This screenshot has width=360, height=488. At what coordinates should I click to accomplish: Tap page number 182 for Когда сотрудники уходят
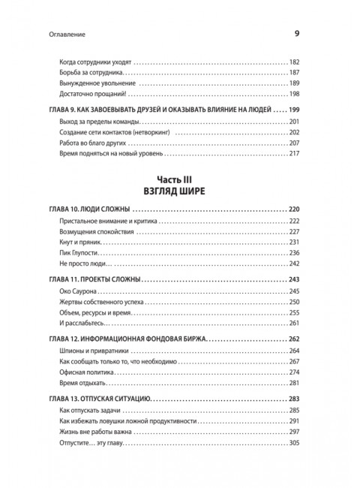tap(294, 60)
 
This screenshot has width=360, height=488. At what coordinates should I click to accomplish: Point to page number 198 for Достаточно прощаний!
tap(294, 96)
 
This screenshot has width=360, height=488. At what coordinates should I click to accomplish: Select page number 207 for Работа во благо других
tap(294, 143)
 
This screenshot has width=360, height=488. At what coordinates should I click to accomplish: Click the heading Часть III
tap(180, 179)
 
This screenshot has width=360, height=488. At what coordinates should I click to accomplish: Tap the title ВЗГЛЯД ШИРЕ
tap(180, 191)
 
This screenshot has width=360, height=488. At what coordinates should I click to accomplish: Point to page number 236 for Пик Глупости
tap(294, 255)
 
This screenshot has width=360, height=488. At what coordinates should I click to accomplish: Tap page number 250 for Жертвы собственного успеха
tap(294, 303)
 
